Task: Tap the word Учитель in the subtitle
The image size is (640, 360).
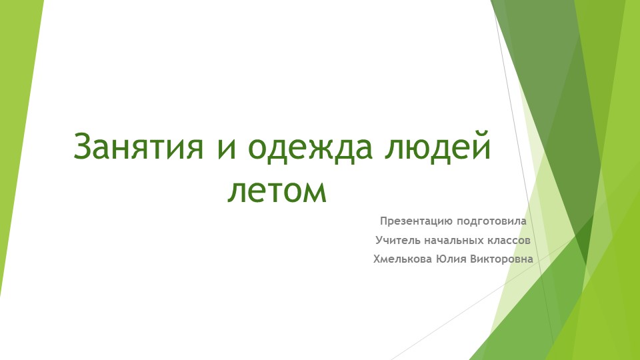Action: tap(397, 239)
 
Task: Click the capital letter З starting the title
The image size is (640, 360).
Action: tap(82, 147)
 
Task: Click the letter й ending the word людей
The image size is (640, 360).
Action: tap(483, 147)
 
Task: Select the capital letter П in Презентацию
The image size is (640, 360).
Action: tap(384, 221)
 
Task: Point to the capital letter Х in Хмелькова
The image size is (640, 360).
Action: tap(377, 258)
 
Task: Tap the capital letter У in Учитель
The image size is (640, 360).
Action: tap(379, 239)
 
